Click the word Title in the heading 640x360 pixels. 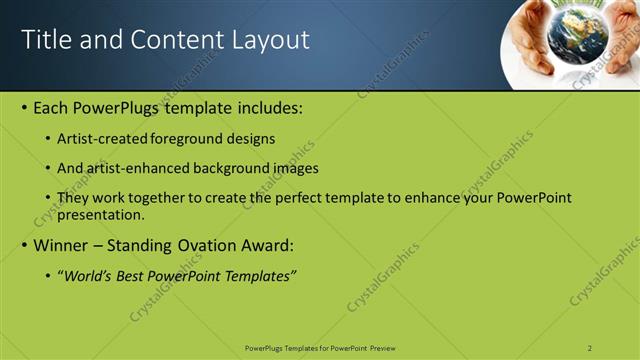pyautogui.click(x=44, y=40)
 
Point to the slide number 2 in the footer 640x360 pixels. pyautogui.click(x=590, y=348)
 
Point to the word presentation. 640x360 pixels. pyautogui.click(x=102, y=214)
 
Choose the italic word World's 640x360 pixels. pyautogui.click(x=90, y=275)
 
